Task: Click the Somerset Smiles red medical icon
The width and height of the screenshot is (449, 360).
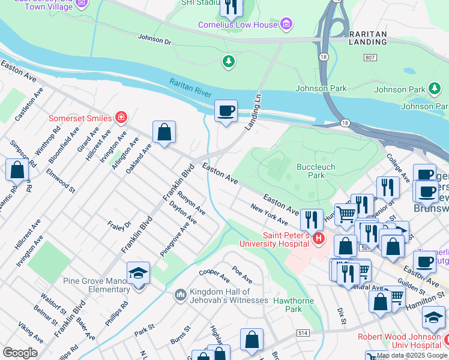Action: point(121,116)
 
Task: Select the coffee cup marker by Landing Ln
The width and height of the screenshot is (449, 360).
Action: point(226,112)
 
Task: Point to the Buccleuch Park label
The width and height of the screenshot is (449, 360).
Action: point(315,171)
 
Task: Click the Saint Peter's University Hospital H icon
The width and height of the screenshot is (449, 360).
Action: point(319,239)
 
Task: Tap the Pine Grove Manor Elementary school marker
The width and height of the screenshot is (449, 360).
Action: point(138,274)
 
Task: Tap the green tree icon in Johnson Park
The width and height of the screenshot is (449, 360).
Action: point(228,61)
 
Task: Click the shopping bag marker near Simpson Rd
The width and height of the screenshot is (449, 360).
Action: point(17,170)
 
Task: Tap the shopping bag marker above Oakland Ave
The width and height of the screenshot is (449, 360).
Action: point(164,133)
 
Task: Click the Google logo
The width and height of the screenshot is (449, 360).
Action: point(20,352)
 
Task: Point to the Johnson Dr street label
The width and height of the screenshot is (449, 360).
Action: point(154,39)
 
